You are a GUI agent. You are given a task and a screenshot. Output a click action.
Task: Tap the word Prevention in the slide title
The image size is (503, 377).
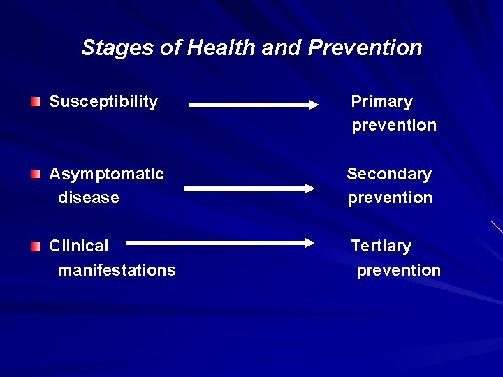tap(365, 48)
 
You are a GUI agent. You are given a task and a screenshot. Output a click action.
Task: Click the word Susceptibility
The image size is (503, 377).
tap(103, 102)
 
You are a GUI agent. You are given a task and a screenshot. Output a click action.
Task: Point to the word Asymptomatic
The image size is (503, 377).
tap(106, 174)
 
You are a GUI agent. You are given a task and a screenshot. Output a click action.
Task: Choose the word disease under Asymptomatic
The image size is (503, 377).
tap(89, 198)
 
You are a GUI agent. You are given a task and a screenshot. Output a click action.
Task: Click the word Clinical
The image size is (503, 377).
tap(79, 246)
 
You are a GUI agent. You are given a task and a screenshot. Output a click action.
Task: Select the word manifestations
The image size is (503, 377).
tap(117, 270)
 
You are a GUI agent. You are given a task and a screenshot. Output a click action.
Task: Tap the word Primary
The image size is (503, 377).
tap(381, 102)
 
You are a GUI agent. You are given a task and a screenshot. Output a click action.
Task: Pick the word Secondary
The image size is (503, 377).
tap(389, 174)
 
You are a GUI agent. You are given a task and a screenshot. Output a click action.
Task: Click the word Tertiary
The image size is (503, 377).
tap(381, 246)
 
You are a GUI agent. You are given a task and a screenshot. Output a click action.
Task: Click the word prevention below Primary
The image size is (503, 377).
tap(394, 126)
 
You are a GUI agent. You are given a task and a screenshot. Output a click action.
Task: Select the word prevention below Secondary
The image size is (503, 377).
tap(390, 198)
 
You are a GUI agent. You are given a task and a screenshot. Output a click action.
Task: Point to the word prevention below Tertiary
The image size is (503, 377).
tap(398, 270)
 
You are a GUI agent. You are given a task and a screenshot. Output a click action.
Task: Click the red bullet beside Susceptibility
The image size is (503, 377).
tap(36, 102)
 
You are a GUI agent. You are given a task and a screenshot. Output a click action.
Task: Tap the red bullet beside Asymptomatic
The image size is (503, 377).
tap(36, 174)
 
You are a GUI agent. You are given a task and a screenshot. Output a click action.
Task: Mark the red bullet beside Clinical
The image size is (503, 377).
tap(36, 246)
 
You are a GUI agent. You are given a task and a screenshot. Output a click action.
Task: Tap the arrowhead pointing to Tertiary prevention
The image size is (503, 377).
tap(308, 243)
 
